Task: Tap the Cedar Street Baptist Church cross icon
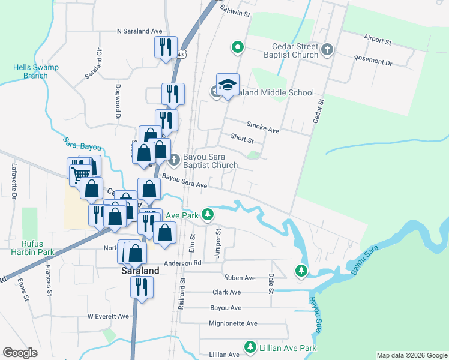(327, 50)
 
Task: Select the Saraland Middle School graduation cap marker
(228, 86)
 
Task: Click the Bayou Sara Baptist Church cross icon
(174, 159)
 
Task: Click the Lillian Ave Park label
(288, 347)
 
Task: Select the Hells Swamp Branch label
(35, 71)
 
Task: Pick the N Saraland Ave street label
(140, 31)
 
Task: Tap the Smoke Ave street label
(264, 129)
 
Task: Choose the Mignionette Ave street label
(234, 323)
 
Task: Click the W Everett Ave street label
(108, 316)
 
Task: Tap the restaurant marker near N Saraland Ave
(164, 47)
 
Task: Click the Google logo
(20, 353)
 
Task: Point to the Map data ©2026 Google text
(411, 355)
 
